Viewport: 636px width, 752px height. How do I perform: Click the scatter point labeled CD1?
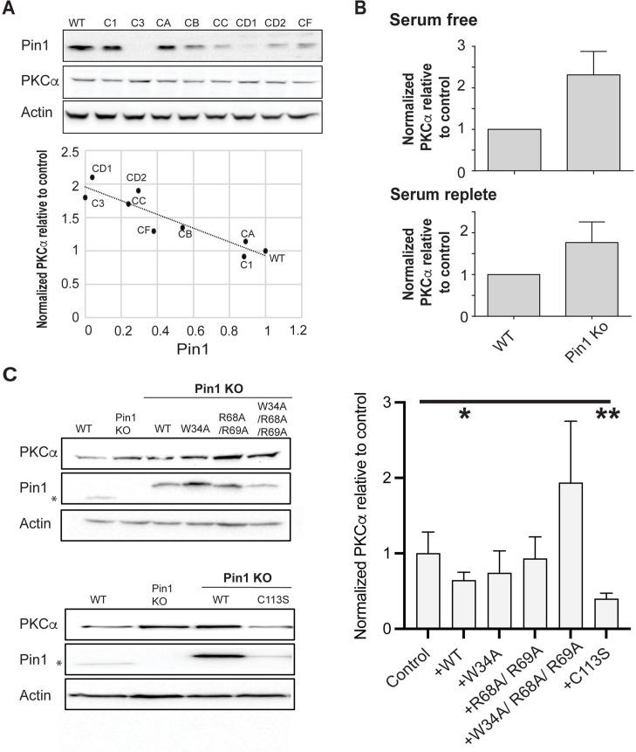pyautogui.click(x=92, y=177)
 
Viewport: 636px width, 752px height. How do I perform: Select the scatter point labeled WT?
pyautogui.click(x=265, y=251)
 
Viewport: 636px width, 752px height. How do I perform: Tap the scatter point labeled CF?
pyautogui.click(x=154, y=231)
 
